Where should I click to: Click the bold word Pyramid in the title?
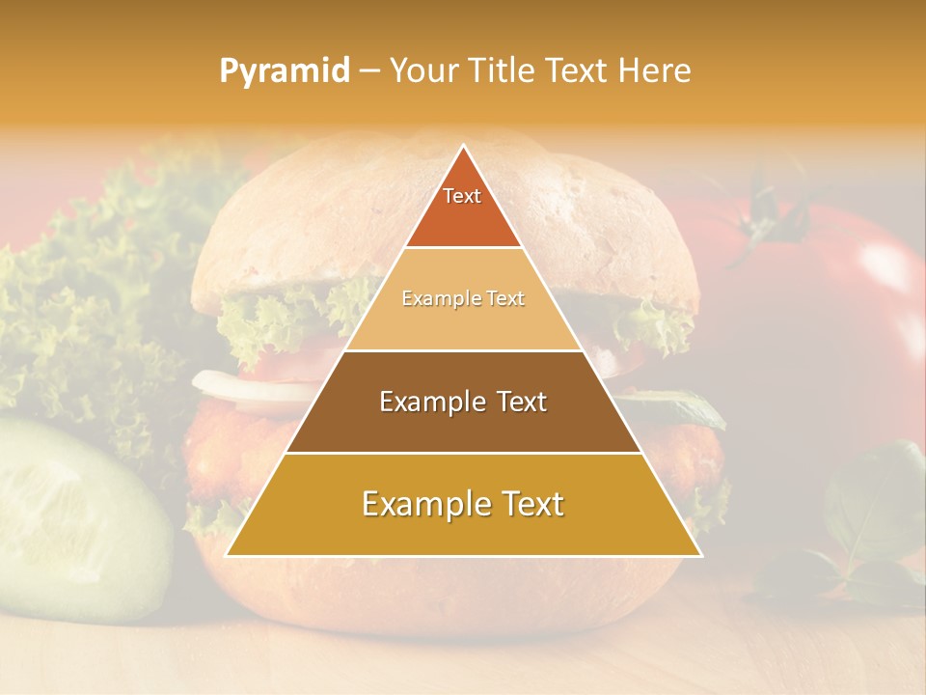coord(285,71)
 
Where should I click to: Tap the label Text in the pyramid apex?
coord(462,196)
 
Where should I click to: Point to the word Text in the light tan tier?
coord(505,299)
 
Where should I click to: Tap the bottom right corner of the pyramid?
coord(700,555)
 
